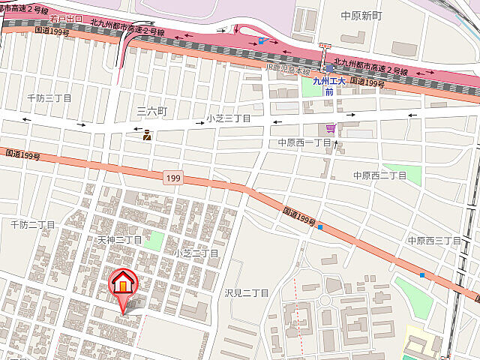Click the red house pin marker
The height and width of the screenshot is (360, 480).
click(122, 284)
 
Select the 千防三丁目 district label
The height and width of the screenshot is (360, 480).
click(49, 98)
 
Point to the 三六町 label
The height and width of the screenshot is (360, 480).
click(151, 111)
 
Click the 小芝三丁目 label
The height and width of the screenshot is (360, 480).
click(229, 118)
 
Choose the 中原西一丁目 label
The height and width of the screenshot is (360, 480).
click(304, 142)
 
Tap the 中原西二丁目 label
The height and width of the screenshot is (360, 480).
click(379, 175)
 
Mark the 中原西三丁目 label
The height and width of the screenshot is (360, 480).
click(434, 240)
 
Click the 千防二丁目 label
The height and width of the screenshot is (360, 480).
click(33, 224)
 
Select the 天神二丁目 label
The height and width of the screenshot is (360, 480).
click(120, 240)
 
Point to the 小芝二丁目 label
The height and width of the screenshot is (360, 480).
click(196, 253)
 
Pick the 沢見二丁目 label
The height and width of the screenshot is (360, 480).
click(246, 292)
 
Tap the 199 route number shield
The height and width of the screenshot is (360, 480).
click(173, 178)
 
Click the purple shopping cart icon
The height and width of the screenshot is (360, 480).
click(330, 128)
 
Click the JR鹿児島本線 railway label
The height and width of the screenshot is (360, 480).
click(287, 72)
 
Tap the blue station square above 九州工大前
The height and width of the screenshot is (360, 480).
click(328, 67)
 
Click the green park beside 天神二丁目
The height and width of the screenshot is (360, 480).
click(153, 241)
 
